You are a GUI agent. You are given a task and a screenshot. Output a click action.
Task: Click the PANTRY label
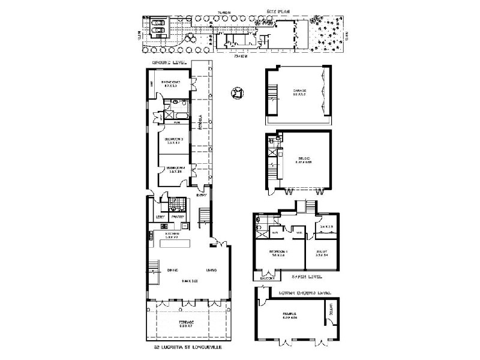178,217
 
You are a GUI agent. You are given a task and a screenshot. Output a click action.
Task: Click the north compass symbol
237,92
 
